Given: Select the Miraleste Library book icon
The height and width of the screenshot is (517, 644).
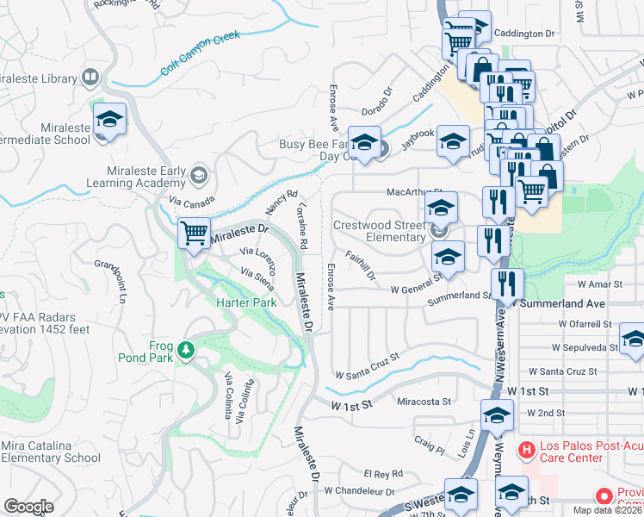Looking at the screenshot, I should click(90, 78).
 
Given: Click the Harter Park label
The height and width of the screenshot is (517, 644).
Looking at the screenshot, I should click(245, 302).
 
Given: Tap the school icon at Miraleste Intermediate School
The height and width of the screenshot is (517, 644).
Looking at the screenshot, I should click(110, 120).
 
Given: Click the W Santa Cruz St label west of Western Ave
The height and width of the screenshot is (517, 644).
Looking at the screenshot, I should click(368, 366).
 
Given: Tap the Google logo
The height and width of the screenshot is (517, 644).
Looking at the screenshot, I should click(28, 507).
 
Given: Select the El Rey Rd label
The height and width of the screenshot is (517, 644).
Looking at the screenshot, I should click(383, 474).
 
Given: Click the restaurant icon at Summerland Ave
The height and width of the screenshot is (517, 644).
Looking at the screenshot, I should click(507, 283).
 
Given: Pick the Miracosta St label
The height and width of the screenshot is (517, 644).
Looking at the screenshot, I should click(424, 402).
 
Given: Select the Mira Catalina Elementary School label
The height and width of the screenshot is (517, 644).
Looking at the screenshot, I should click(52, 452).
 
